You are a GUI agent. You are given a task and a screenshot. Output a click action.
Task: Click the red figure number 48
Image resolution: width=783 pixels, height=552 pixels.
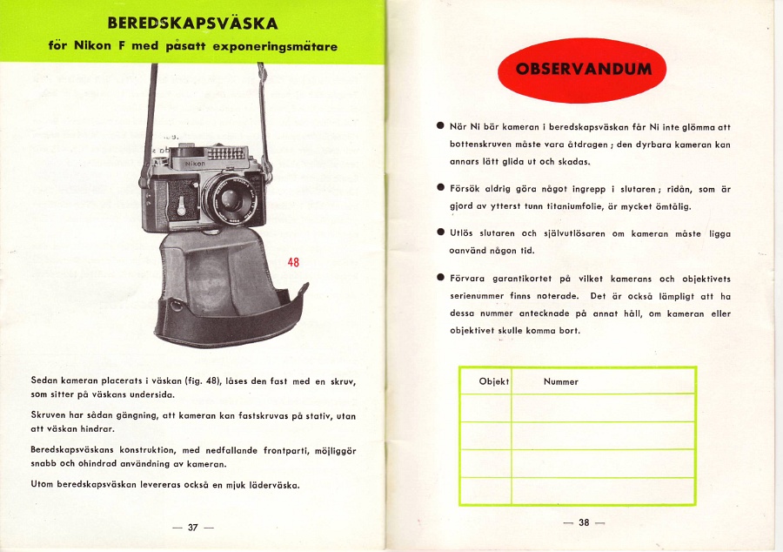pyautogui.click(x=294, y=263)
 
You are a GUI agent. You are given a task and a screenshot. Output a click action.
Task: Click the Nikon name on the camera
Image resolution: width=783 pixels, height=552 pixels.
pyautogui.click(x=194, y=164)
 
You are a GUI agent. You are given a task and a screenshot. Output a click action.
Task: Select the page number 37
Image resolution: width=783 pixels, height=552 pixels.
pyautogui.click(x=193, y=527)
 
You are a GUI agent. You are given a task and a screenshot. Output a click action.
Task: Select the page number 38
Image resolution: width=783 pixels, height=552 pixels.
pyautogui.click(x=584, y=522)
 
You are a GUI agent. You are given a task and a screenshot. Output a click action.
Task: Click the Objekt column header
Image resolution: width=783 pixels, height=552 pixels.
pyautogui.click(x=493, y=381)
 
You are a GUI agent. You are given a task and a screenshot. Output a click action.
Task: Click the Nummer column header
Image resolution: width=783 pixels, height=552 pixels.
pyautogui.click(x=561, y=381)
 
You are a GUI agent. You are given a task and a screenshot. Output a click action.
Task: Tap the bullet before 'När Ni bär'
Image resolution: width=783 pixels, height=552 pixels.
pyautogui.click(x=441, y=126)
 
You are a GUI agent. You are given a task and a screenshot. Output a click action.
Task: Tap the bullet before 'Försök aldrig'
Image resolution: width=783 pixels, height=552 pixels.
pyautogui.click(x=441, y=187)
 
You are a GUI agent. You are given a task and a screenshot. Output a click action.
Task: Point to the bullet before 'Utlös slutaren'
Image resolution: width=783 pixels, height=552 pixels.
pyautogui.click(x=441, y=232)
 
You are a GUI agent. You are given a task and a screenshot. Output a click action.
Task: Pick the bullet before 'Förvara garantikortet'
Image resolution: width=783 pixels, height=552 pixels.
pyautogui.click(x=441, y=278)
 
